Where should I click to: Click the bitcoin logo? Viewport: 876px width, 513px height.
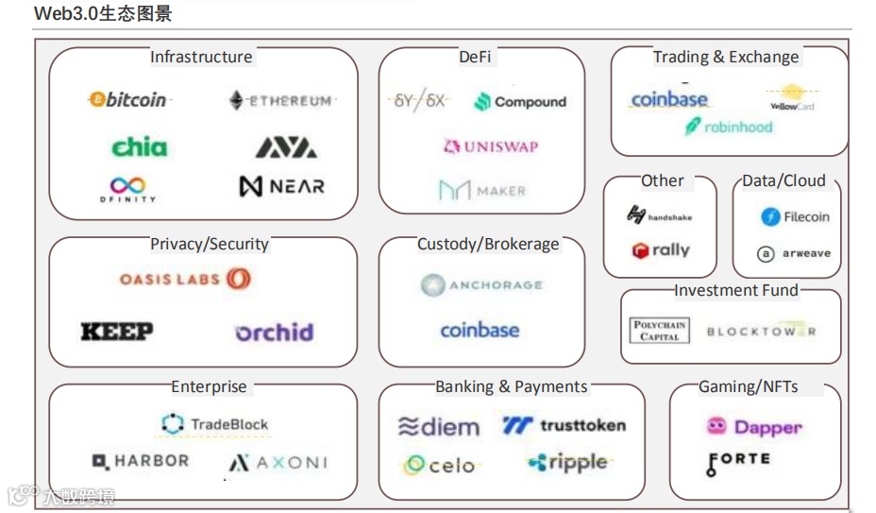tap(127, 99)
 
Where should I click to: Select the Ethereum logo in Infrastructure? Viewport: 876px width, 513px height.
tap(281, 100)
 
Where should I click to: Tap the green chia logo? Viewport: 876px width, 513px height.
tap(140, 146)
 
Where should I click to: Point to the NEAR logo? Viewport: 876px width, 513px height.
tap(281, 186)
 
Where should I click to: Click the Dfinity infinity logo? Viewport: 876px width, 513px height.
tap(127, 189)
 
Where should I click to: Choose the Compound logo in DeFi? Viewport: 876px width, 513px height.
tap(520, 102)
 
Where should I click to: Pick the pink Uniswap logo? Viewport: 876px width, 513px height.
tap(490, 146)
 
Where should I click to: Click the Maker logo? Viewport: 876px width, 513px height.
tap(481, 191)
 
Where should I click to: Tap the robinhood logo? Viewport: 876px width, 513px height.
tap(729, 127)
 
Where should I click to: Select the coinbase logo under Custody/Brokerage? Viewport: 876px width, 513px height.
tap(480, 330)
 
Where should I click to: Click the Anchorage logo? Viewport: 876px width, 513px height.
tap(481, 284)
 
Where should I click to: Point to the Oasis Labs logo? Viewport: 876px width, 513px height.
tap(185, 279)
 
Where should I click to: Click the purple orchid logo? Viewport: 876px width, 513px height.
tap(274, 333)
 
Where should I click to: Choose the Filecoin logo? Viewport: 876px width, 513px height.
tap(795, 217)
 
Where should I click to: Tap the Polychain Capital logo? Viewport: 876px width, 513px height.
tap(660, 331)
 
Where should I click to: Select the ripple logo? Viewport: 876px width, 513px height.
tap(566, 463)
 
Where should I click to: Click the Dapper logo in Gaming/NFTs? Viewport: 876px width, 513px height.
tap(754, 427)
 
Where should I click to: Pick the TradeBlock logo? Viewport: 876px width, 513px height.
tap(215, 424)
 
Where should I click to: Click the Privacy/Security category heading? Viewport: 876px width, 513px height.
tap(210, 244)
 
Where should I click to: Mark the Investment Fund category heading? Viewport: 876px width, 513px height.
tap(735, 290)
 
